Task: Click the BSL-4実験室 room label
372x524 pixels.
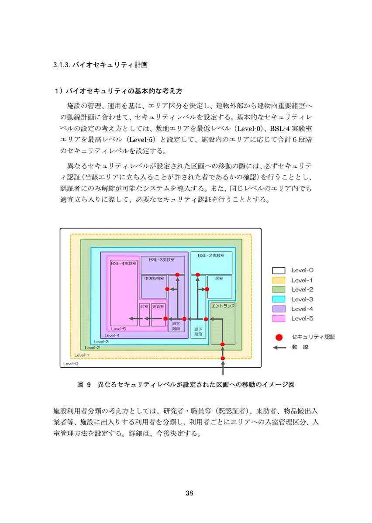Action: (124, 264)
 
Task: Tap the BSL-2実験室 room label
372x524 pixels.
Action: (211, 255)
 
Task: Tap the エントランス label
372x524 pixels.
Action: (222, 307)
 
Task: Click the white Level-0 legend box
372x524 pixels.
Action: (279, 270)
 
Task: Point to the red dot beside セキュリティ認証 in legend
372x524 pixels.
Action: (279, 337)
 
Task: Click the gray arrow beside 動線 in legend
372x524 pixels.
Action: (279, 348)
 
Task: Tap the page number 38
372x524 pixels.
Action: (189, 493)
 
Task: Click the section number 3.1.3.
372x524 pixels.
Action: (62, 65)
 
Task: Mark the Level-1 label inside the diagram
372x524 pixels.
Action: (82, 355)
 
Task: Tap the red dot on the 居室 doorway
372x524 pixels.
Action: (207, 289)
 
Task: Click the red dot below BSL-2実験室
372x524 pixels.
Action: (198, 275)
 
